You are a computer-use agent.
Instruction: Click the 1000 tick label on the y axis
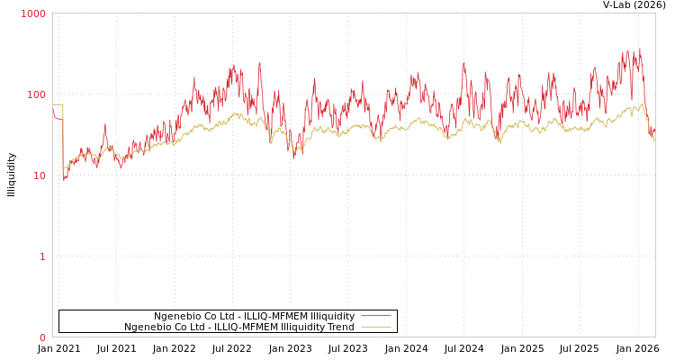[33, 13]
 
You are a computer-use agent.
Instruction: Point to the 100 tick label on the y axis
[36, 94]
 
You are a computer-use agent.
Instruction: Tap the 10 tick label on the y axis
[39, 175]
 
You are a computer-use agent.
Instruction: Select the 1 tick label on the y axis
[41, 256]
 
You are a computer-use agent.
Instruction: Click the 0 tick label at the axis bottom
[41, 337]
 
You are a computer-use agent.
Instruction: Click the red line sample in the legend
[375, 316]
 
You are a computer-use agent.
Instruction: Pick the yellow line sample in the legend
[375, 327]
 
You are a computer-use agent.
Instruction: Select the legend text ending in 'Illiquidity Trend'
[238, 327]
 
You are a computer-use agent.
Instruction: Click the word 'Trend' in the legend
[339, 327]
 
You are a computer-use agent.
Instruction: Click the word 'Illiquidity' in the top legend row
[332, 316]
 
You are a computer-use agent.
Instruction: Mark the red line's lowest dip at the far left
[64, 181]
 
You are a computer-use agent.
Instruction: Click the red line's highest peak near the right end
[640, 49]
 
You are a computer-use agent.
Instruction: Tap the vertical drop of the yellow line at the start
[63, 135]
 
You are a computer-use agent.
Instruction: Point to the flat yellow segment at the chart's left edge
[58, 104]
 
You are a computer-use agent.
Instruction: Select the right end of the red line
[654, 131]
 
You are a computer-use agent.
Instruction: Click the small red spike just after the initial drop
[104, 125]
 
